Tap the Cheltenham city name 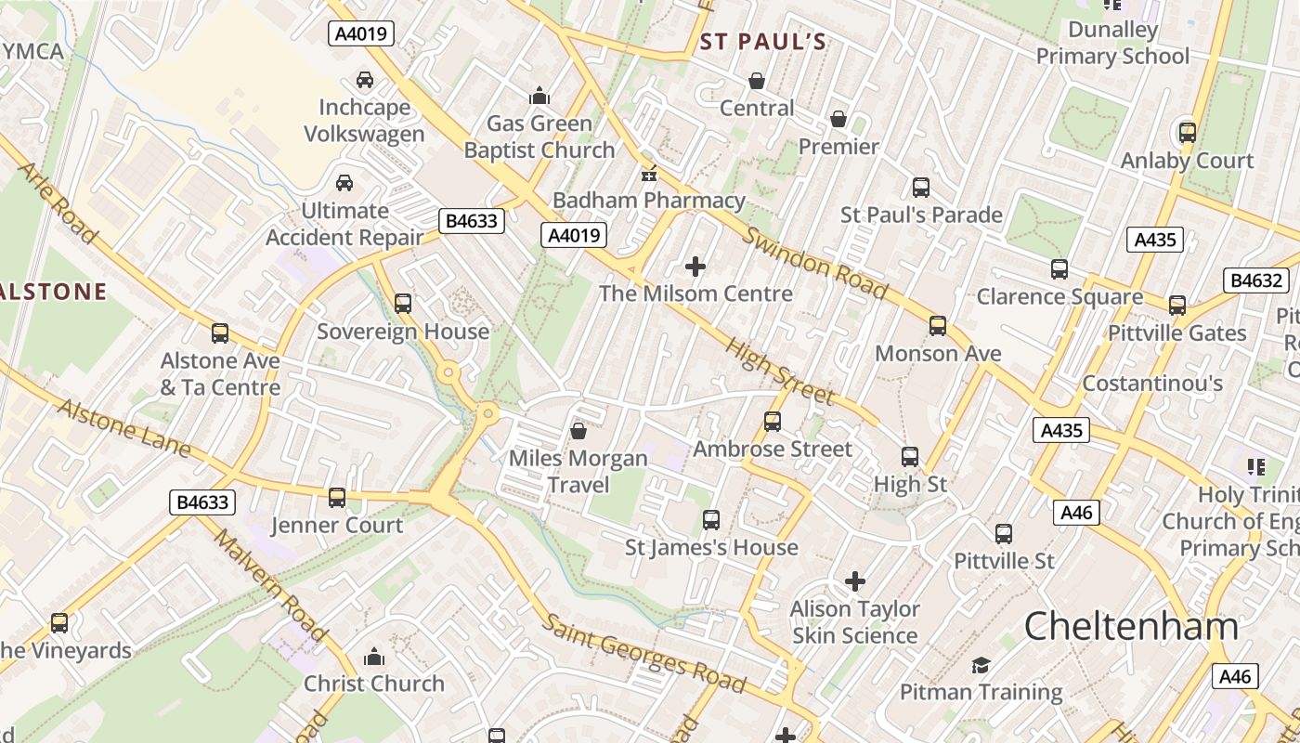point(1131,626)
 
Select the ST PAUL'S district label point(762,42)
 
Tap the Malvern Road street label point(270,586)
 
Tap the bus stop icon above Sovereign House point(402,304)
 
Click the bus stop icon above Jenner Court point(337,498)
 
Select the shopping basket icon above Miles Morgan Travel point(578,431)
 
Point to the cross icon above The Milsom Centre point(695,267)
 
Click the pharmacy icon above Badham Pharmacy point(649,174)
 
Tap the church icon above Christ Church point(374,658)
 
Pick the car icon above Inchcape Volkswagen point(365,80)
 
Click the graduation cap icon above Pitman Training point(981,665)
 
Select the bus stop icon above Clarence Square point(1059,269)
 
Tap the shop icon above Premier point(838,120)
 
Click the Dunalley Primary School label point(1112,43)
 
